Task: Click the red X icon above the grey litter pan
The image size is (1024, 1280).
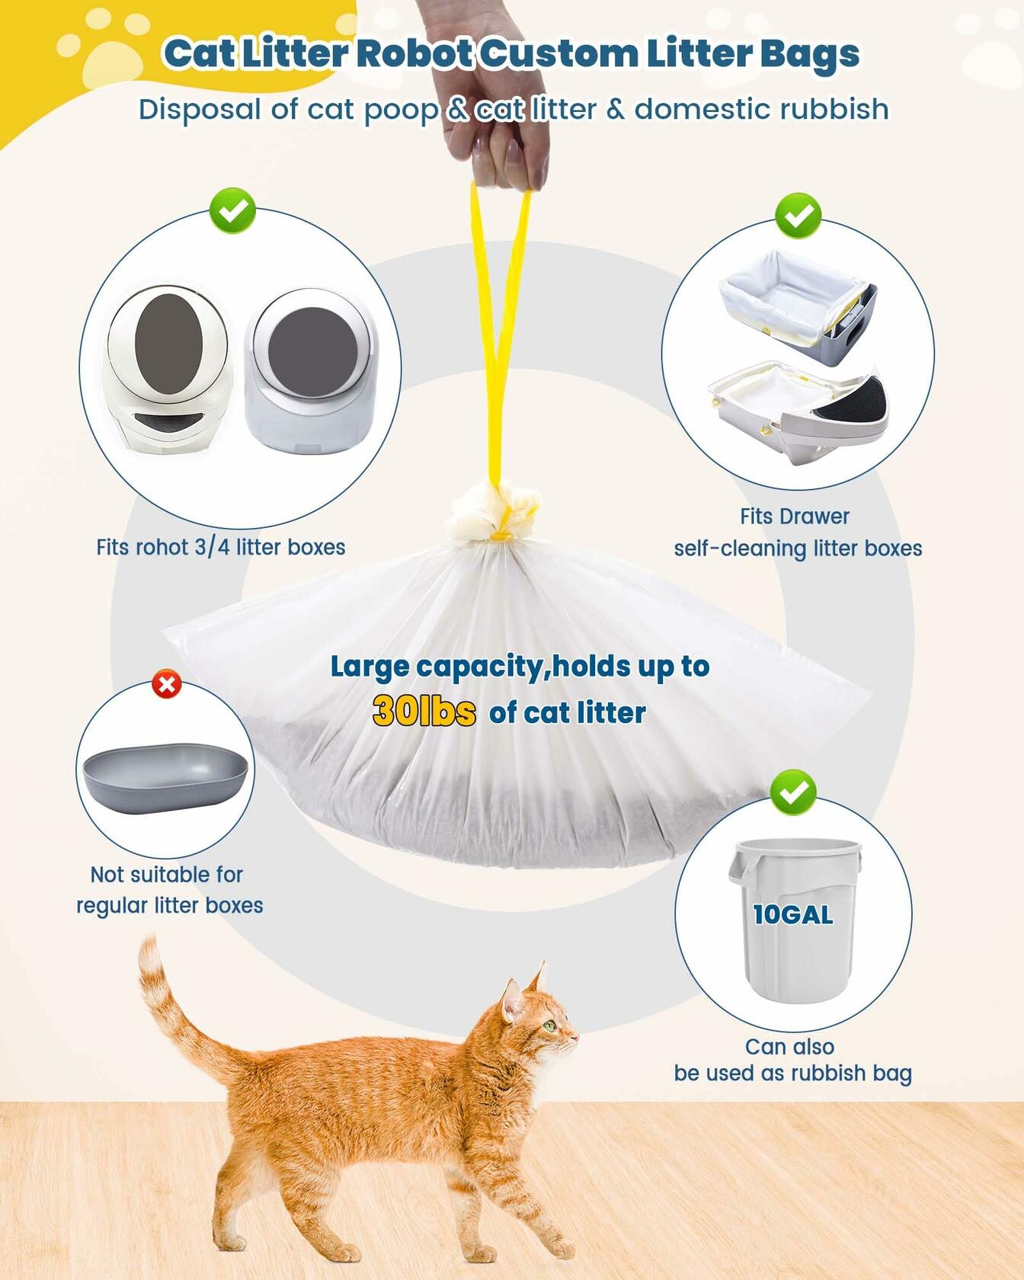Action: [x=167, y=684]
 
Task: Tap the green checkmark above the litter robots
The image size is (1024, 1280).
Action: [x=233, y=210]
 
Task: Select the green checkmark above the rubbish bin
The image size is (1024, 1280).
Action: [x=792, y=792]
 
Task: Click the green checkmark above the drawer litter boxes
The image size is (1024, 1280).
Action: [x=798, y=216]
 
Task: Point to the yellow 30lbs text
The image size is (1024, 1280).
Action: [x=424, y=712]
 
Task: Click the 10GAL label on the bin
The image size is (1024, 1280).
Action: [x=792, y=914]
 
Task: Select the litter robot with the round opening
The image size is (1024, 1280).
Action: [x=312, y=370]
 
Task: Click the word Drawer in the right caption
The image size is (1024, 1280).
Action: [x=819, y=516]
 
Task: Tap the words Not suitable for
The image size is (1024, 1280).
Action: [x=166, y=874]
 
